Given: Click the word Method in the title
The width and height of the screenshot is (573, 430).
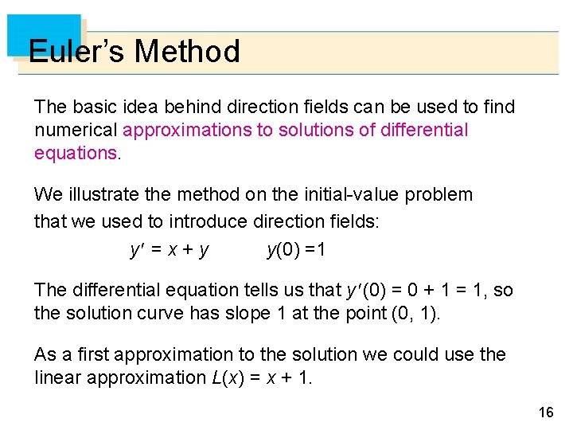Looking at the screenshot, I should tap(187, 52).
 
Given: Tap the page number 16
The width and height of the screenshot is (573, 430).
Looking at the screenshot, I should tap(546, 412).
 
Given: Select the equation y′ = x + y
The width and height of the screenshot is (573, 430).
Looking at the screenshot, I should tap(170, 250).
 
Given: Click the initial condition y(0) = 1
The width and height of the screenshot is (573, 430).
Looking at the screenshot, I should tap(296, 250).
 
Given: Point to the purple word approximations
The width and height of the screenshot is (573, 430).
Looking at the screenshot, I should tap(187, 130).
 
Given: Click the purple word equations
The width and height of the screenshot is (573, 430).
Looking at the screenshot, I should tap(76, 153).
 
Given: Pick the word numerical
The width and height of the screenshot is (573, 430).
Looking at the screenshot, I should tap(76, 130).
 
